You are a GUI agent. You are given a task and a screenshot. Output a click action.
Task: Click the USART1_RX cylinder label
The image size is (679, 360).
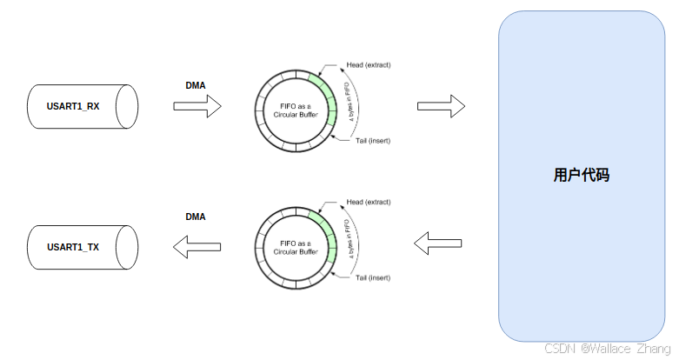pyautogui.click(x=73, y=107)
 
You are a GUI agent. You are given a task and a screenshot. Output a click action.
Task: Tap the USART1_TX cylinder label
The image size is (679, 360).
pyautogui.click(x=73, y=247)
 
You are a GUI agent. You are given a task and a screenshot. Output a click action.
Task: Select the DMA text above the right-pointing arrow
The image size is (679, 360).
pyautogui.click(x=196, y=85)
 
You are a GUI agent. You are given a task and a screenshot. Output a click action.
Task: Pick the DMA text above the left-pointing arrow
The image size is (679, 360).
pyautogui.click(x=196, y=217)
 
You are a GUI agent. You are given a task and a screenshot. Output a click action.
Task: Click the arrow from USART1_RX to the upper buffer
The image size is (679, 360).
pyautogui.click(x=197, y=106)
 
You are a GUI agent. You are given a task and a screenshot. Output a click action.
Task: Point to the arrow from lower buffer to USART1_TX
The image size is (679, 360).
pyautogui.click(x=196, y=247)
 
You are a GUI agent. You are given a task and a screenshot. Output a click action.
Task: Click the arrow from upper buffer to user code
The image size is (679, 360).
pyautogui.click(x=441, y=106)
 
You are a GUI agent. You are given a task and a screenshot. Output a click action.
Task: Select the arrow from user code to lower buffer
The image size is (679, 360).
pyautogui.click(x=440, y=243)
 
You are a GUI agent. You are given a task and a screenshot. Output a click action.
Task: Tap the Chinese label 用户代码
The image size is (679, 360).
pyautogui.click(x=582, y=175)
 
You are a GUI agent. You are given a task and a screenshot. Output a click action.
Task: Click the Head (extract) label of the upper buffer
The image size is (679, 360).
pyautogui.click(x=368, y=65)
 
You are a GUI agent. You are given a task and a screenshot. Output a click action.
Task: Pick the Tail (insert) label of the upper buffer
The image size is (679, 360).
pyautogui.click(x=373, y=140)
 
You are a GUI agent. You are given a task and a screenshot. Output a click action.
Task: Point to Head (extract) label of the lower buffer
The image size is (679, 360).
pyautogui.click(x=368, y=203)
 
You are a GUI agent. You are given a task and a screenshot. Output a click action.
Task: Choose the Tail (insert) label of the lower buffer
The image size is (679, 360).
pyautogui.click(x=373, y=278)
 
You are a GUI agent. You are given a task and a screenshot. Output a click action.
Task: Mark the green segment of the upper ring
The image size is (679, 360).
pyautogui.click(x=329, y=96)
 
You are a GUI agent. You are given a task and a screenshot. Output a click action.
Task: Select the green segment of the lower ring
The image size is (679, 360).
pyautogui.click(x=329, y=235)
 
